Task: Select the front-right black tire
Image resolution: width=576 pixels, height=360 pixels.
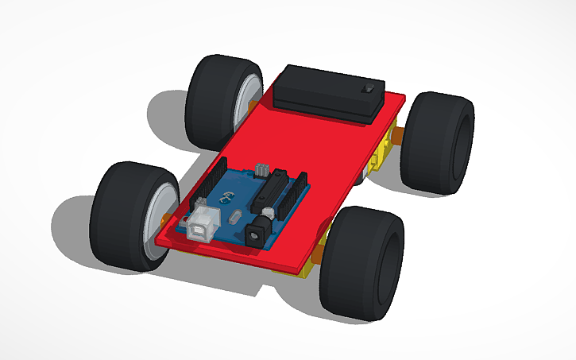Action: [x=361, y=262]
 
